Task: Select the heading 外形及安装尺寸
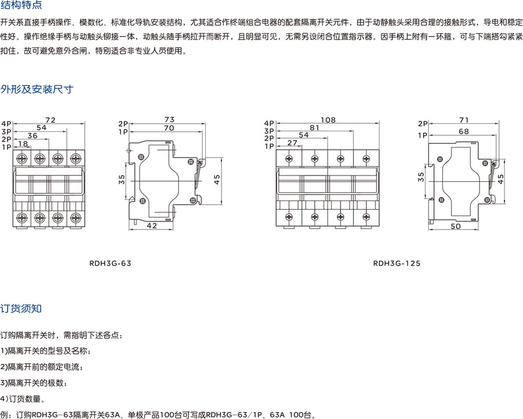click(x=37, y=89)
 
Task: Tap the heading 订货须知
click(x=21, y=309)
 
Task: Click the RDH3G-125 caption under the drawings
click(x=396, y=263)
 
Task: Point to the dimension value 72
click(x=50, y=120)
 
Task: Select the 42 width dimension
click(x=151, y=225)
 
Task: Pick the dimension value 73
click(x=169, y=119)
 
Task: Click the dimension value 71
click(x=464, y=120)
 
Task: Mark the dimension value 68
click(x=464, y=131)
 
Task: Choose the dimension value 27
click(x=292, y=143)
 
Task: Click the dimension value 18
click(x=23, y=144)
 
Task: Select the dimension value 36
click(x=33, y=135)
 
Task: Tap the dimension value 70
click(x=169, y=127)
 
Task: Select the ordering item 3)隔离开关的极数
click(x=34, y=383)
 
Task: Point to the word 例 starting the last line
click(x=5, y=415)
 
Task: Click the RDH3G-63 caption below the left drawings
click(x=111, y=263)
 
